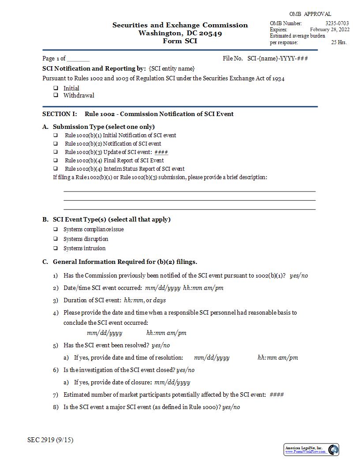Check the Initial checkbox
(56, 88)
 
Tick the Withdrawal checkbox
(56, 95)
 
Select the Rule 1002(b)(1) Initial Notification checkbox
(56, 135)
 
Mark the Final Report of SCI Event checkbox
(56, 160)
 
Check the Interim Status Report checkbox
(56, 169)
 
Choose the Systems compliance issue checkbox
(56, 229)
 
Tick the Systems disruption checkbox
(56, 239)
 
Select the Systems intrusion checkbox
(56, 248)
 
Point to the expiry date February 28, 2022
(330, 30)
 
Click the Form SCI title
(180, 41)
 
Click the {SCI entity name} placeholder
(172, 68)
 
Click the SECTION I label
(60, 114)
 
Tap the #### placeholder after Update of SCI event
(161, 152)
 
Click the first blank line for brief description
(190, 191)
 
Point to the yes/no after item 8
(231, 407)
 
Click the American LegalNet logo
(311, 450)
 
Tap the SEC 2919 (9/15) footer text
(50, 440)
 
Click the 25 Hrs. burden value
(339, 42)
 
